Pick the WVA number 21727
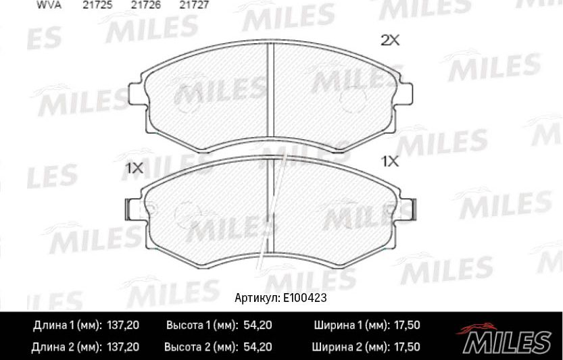(x=193, y=4)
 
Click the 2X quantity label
(x=391, y=41)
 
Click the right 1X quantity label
(x=391, y=161)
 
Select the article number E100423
(x=308, y=298)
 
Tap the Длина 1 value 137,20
(x=123, y=326)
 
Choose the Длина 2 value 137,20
(x=123, y=347)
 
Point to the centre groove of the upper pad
(x=270, y=88)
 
